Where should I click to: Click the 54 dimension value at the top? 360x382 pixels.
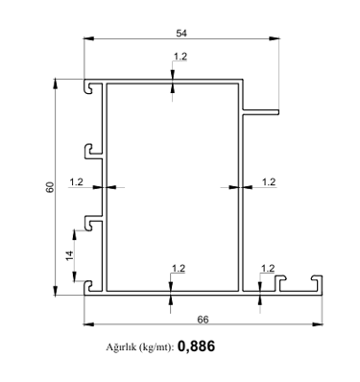click(x=181, y=33)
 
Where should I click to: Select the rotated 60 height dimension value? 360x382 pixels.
click(x=50, y=187)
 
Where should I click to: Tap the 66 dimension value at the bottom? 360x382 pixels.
click(x=203, y=320)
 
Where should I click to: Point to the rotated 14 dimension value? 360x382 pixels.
click(x=69, y=255)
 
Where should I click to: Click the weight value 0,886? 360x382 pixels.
click(x=196, y=346)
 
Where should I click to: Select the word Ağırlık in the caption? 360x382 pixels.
click(x=118, y=347)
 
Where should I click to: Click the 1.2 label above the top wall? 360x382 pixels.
click(x=180, y=57)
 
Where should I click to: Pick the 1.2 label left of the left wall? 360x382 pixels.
click(x=76, y=182)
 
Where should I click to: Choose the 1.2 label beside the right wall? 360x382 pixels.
click(x=269, y=182)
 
